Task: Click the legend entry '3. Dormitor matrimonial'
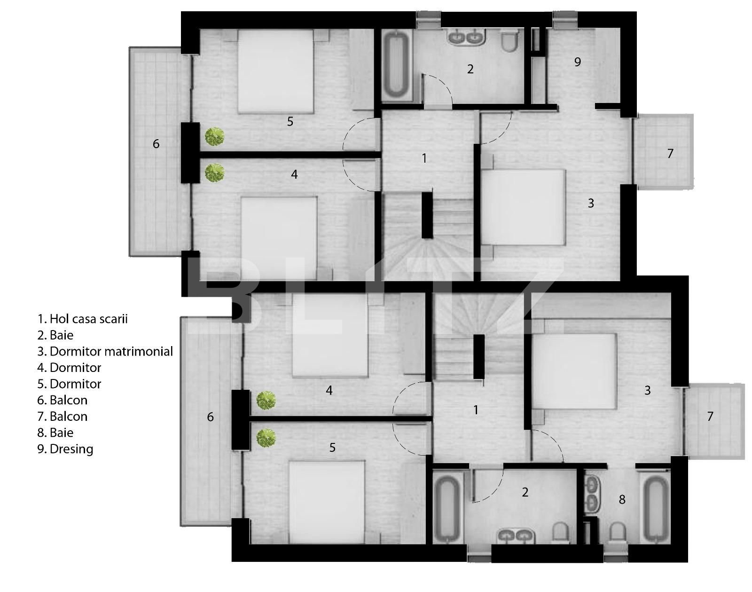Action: click(x=105, y=351)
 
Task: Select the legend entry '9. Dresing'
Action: click(x=65, y=449)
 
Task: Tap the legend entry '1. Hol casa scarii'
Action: click(x=82, y=319)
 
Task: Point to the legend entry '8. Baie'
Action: click(x=55, y=433)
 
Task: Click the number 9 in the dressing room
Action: click(x=578, y=62)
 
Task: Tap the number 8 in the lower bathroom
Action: click(x=622, y=499)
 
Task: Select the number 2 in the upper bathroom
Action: click(x=470, y=69)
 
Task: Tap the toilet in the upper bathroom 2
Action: click(x=509, y=40)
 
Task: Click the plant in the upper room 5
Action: click(x=214, y=137)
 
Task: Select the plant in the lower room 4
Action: click(x=266, y=401)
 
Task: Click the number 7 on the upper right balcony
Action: click(x=670, y=153)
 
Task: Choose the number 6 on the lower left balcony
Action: click(x=210, y=417)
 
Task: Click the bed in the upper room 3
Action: click(x=523, y=207)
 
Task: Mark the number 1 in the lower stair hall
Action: click(x=476, y=410)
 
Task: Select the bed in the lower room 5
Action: click(x=327, y=502)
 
